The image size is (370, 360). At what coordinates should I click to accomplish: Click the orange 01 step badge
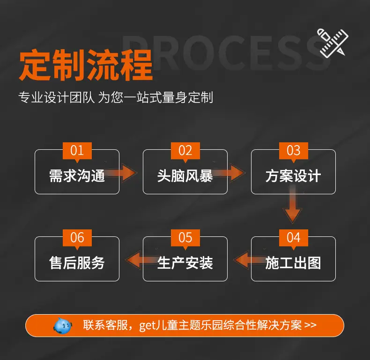point(77,151)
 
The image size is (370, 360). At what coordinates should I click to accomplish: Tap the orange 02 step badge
point(185,151)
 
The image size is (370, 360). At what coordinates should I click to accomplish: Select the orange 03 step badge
point(293,151)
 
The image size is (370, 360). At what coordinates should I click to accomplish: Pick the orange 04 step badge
point(293,238)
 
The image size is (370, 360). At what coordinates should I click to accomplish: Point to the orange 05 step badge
point(185,238)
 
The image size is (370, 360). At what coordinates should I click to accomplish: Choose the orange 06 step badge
point(77,238)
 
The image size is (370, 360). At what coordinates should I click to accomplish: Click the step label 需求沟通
point(77,176)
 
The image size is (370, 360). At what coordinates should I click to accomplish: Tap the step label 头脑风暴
point(185,176)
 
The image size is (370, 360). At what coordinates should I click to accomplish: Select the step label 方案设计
point(293,176)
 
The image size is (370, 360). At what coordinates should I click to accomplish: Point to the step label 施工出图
point(293,263)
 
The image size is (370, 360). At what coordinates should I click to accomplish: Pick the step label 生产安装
point(185,263)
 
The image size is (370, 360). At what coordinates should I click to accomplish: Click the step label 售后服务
point(77,263)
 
